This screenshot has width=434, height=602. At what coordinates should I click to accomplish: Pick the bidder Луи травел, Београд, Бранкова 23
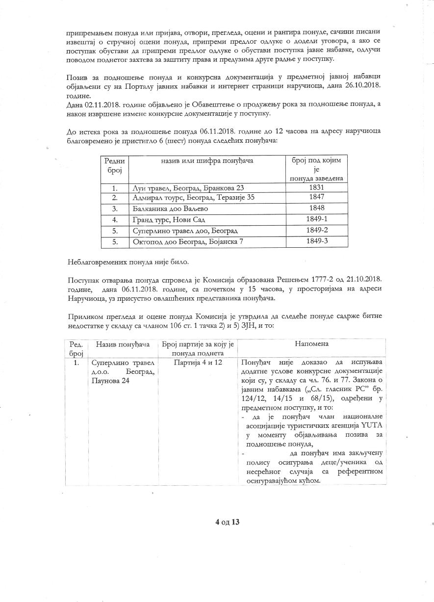tap(188, 188)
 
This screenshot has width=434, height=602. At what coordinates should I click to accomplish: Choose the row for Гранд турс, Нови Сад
tap(165, 220)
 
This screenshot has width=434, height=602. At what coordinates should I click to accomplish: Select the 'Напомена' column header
tap(312, 344)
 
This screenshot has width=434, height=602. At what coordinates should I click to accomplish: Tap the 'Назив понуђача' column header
tap(123, 344)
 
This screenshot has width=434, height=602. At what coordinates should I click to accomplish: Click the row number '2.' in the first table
tap(115, 198)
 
